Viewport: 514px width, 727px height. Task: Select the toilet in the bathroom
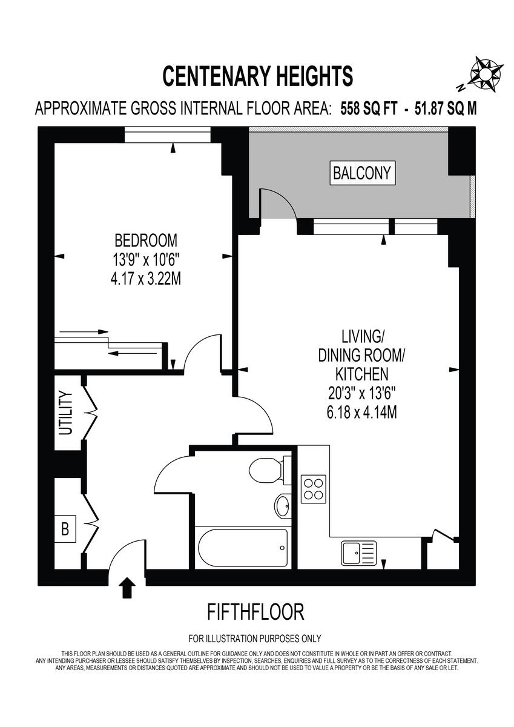[266, 470]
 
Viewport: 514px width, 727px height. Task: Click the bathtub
[242, 548]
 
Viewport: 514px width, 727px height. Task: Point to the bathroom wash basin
[283, 505]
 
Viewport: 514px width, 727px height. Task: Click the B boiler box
[65, 528]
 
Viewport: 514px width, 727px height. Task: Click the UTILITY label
[65, 413]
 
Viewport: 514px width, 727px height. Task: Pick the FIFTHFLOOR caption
[255, 612]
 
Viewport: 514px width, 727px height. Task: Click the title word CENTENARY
[209, 77]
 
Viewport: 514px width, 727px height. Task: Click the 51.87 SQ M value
[446, 109]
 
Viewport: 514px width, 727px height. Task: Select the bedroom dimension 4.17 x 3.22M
[146, 280]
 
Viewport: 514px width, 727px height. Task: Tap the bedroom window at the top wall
[168, 134]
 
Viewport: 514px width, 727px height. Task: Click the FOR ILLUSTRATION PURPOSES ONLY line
[255, 639]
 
